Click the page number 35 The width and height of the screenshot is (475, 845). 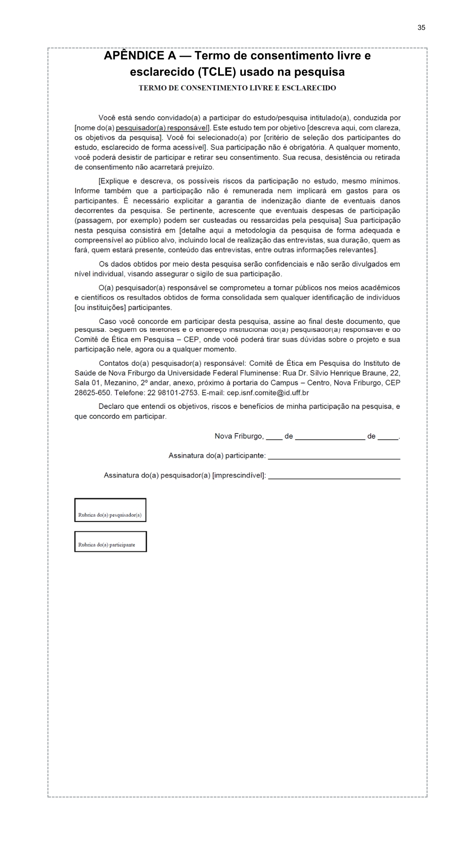point(421,28)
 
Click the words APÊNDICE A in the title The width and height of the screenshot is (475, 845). point(139,56)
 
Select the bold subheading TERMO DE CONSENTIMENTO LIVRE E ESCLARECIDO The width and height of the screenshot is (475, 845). point(237,88)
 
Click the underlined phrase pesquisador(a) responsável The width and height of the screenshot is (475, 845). point(161,128)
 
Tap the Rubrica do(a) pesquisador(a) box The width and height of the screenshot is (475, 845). point(110,510)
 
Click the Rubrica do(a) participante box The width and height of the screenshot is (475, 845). point(110,542)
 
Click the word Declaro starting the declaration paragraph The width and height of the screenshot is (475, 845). point(111,407)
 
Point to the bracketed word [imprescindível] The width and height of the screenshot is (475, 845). point(239,476)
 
